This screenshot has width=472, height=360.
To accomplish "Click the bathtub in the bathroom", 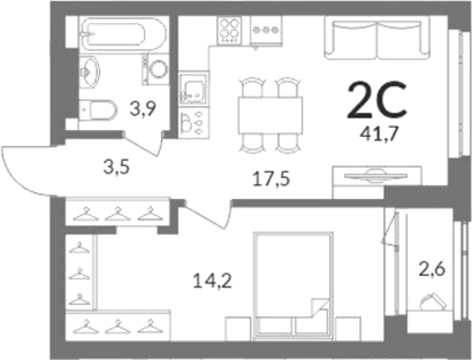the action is [122, 34].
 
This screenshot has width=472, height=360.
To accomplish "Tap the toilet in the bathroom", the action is [98, 109].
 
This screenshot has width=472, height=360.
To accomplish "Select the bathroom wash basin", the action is [89, 72].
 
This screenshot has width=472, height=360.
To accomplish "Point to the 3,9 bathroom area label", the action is [143, 109].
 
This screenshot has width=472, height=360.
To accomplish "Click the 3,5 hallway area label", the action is [116, 167].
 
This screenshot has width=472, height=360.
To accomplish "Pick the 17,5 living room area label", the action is [271, 179].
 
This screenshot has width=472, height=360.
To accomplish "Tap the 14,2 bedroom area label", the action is [212, 282].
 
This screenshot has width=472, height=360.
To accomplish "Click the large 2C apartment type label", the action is [377, 100].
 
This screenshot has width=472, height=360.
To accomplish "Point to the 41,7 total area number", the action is [379, 134].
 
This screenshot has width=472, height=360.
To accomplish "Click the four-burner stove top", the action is [230, 31].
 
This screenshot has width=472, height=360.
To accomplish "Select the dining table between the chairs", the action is [270, 115].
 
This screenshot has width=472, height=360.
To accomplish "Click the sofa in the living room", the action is [377, 37].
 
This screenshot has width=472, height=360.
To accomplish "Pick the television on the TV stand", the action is [376, 176].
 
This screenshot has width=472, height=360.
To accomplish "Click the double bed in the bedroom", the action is [294, 286].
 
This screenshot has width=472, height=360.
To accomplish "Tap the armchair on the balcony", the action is [432, 302].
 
